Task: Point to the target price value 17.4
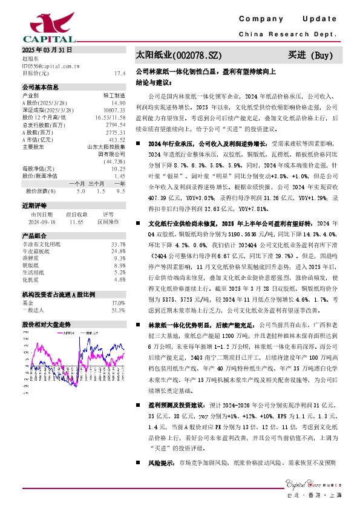(119, 73)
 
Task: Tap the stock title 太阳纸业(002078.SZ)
(175, 56)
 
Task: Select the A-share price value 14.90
(118, 103)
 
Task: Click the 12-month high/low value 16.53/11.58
(112, 118)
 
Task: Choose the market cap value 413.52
(117, 140)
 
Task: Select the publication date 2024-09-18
(42, 221)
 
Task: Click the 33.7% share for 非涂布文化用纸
(119, 244)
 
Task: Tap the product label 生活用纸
(32, 272)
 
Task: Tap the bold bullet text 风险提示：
(157, 463)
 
